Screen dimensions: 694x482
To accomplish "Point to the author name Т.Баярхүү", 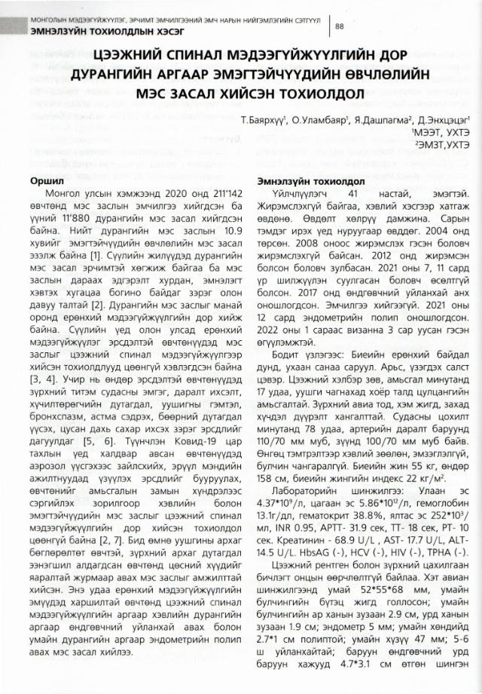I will pyautogui.click(x=264, y=120).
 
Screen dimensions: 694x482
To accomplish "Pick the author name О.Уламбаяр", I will pyautogui.click(x=317, y=120).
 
